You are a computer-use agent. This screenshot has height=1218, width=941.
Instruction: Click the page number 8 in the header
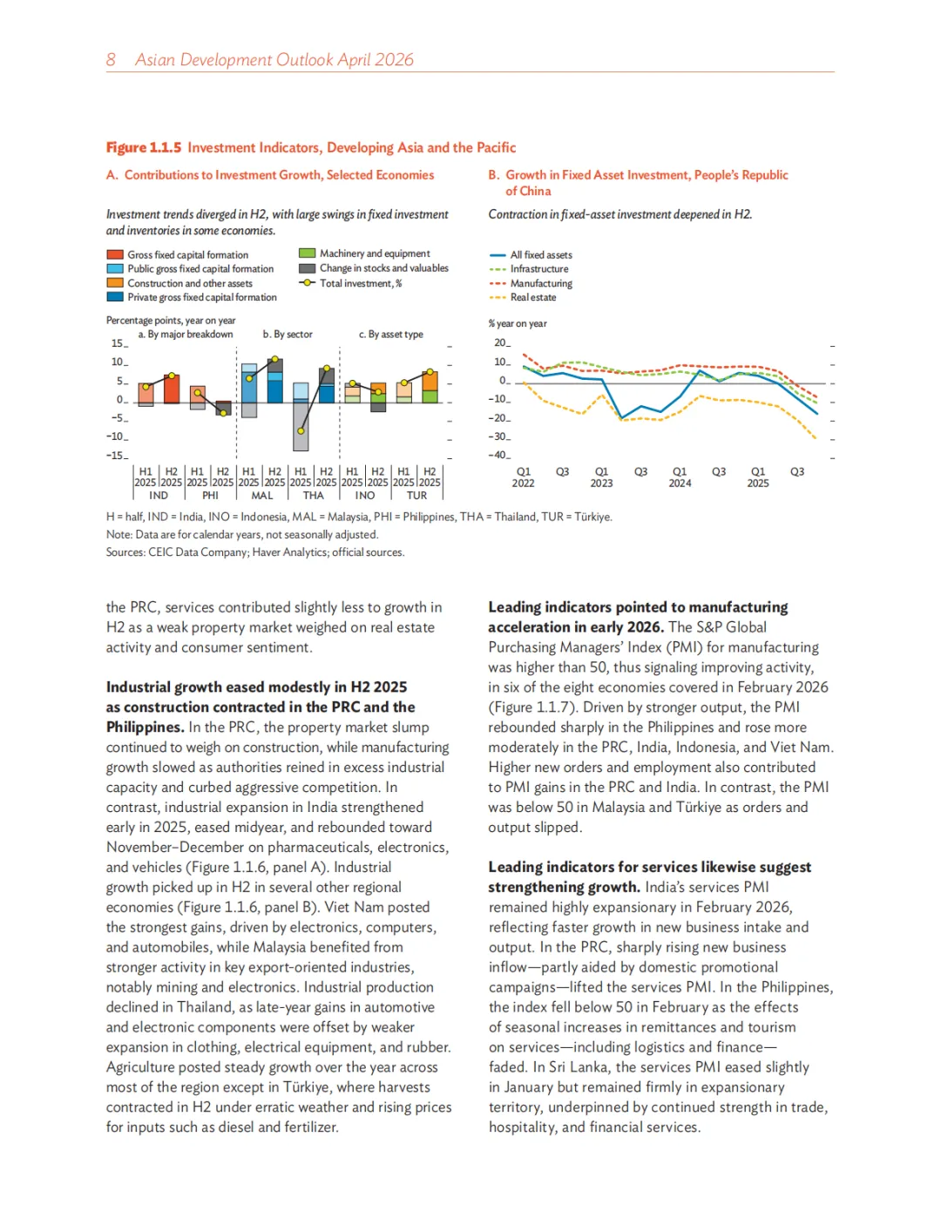coord(111,59)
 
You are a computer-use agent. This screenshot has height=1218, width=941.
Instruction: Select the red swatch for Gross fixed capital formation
coord(115,255)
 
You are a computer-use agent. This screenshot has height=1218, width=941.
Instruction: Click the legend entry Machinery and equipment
coord(375,254)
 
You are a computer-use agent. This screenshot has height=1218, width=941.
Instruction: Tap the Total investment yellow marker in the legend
coord(307,283)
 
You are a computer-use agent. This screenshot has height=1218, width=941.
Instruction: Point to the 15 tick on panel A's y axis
coord(118,343)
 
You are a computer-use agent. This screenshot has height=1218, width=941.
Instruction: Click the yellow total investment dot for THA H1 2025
coord(301,430)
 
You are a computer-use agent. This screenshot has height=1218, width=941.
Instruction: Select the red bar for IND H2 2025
coord(172,389)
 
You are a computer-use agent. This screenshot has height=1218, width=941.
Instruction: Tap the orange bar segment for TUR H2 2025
coord(430,381)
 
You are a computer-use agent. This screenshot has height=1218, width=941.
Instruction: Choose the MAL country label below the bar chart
coord(262,496)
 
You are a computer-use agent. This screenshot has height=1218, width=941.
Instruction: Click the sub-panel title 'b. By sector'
coord(288,335)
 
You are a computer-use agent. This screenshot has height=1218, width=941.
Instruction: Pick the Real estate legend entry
coord(533,298)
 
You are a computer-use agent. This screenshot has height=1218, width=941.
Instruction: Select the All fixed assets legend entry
coord(541,255)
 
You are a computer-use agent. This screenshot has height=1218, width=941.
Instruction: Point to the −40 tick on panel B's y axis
coord(499,455)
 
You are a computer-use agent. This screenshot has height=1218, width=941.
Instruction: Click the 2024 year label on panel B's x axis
coord(680,484)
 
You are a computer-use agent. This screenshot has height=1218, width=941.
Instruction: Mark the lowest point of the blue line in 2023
coord(621,417)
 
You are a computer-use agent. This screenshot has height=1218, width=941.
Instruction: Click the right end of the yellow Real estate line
coord(816,438)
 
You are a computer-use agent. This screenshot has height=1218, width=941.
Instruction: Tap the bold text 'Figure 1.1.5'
coord(144,148)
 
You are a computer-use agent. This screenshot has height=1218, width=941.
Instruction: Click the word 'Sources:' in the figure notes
coord(125,552)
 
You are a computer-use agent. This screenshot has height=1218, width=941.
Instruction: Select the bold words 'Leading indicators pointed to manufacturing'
coord(638,607)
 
